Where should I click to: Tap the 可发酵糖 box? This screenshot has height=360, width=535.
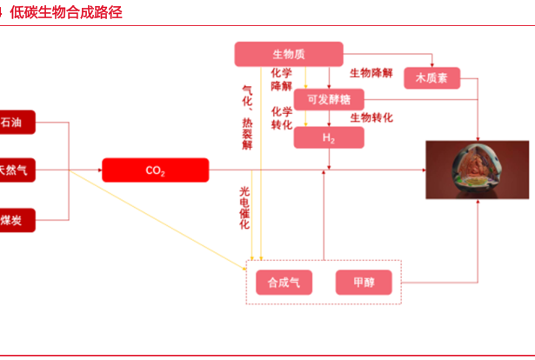(x=328, y=99)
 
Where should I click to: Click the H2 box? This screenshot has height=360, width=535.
(x=328, y=137)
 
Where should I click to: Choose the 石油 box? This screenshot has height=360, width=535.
(x=16, y=122)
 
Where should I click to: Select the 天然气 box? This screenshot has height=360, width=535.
(x=16, y=170)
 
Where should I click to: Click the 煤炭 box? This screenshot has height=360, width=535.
(x=16, y=221)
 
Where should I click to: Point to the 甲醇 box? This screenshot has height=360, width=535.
(x=364, y=282)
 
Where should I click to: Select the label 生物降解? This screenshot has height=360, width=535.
(x=371, y=73)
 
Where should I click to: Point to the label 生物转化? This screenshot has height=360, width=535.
(x=371, y=117)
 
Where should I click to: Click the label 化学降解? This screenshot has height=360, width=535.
(x=282, y=79)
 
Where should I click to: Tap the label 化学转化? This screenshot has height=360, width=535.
(x=282, y=117)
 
